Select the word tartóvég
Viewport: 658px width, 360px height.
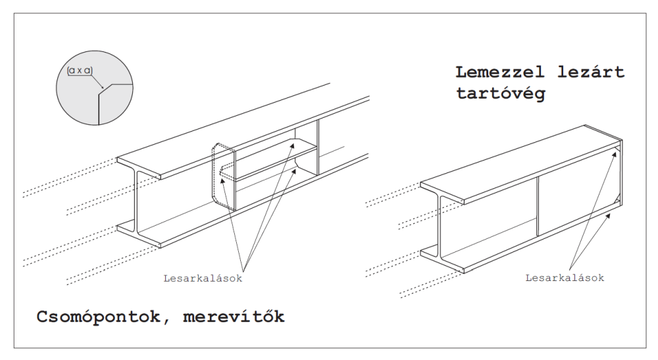coord(500,93)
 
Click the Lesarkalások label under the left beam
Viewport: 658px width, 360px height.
coord(203,278)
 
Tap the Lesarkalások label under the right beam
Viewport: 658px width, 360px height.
coord(565,278)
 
